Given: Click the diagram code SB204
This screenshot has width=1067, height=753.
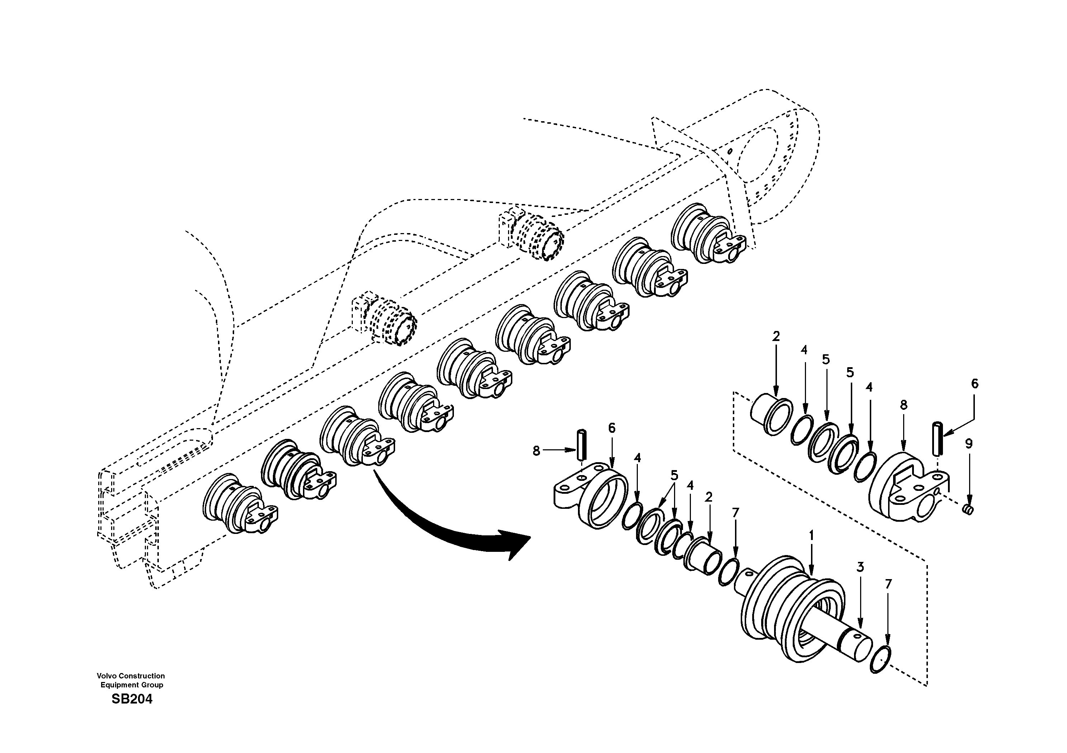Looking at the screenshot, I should tap(132, 700).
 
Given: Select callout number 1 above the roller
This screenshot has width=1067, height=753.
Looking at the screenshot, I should tap(811, 535).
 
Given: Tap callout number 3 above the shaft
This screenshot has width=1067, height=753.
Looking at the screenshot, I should tap(860, 567).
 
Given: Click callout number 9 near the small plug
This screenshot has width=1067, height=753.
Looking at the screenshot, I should tap(968, 444).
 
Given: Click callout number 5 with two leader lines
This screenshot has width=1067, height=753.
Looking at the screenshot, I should tap(674, 475).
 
